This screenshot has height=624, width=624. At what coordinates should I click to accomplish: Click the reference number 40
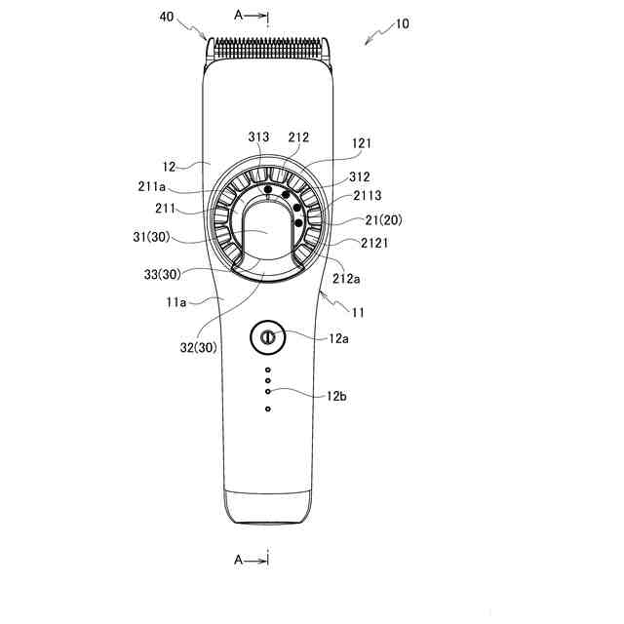click(x=167, y=17)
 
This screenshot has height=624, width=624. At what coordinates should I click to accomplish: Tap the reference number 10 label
click(x=402, y=23)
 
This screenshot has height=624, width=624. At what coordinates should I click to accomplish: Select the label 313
click(x=258, y=136)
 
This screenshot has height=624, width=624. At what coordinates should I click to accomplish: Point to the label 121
click(x=362, y=143)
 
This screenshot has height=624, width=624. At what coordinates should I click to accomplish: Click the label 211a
click(x=152, y=186)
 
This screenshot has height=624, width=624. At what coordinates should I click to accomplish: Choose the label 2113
click(x=368, y=195)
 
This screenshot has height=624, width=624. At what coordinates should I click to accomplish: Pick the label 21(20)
click(x=383, y=220)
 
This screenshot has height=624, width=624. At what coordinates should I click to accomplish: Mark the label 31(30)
click(x=151, y=237)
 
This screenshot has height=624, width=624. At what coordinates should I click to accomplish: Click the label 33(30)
click(x=163, y=274)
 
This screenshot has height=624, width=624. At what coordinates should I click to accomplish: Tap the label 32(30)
click(x=199, y=347)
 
